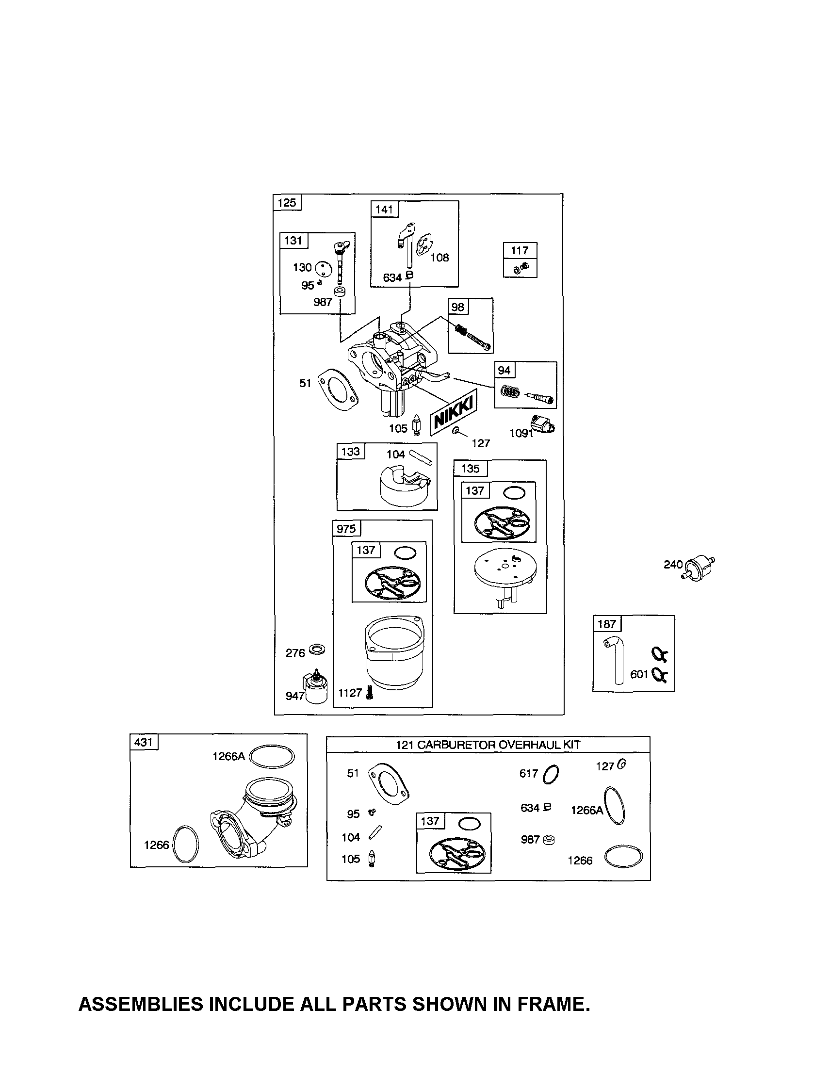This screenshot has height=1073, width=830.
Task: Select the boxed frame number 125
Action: (287, 202)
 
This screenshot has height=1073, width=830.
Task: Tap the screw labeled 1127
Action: (370, 693)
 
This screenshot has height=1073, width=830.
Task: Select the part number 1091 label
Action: (521, 433)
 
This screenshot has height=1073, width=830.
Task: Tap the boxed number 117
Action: (520, 251)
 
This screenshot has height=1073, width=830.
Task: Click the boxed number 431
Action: (144, 742)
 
